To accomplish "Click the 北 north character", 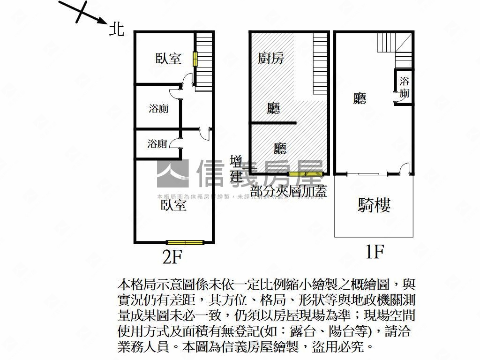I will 117,29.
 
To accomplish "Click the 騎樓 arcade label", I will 374,205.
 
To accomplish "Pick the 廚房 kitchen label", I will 271,58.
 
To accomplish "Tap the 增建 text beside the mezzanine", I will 236,169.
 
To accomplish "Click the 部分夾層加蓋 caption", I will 289,191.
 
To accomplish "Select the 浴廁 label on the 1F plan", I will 404,87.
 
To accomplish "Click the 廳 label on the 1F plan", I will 360,98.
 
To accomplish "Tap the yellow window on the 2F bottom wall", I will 186,242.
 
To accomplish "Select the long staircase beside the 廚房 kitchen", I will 320,64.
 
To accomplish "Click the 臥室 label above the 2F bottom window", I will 174,205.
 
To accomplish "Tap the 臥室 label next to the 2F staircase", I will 168,59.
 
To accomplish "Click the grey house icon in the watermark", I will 172,173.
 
